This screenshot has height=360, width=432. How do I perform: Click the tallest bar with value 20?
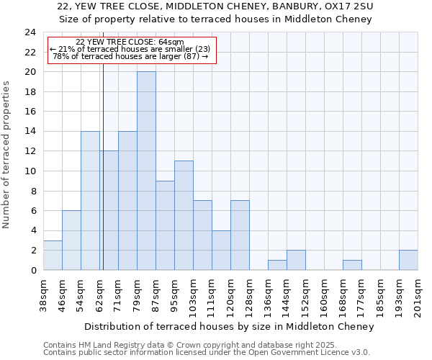[146, 171]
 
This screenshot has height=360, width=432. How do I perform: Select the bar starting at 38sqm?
[53, 255]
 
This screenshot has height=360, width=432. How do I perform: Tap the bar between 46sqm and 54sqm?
[71, 240]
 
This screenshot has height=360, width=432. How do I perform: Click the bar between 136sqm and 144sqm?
[277, 265]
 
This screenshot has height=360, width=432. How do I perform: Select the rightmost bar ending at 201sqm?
[408, 260]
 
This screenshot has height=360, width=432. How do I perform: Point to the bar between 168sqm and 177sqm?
[352, 265]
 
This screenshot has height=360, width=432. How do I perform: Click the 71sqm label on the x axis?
[118, 294]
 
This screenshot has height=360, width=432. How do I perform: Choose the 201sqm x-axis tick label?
[418, 296]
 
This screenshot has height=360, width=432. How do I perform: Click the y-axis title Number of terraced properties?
[6, 154]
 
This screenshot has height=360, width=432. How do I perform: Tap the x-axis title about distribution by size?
[230, 326]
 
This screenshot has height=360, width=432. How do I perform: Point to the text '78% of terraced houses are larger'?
[130, 56]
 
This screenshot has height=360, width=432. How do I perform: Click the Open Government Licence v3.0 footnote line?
[207, 353]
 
